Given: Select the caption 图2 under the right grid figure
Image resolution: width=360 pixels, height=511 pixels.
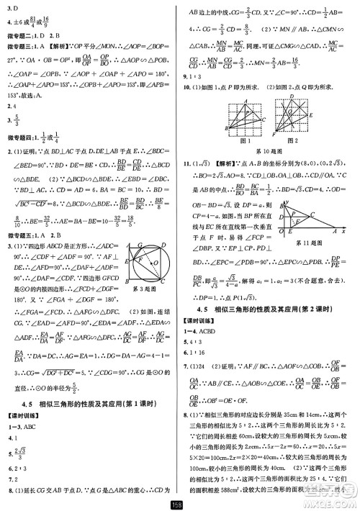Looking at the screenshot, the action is coord(282,142).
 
